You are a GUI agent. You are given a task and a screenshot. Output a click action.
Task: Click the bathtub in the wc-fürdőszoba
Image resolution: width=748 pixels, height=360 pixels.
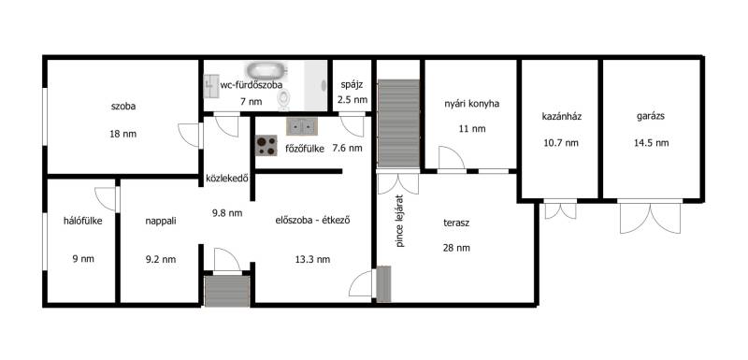coord(266,71)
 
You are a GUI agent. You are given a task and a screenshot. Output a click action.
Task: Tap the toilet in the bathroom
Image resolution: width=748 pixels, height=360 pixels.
coord(284,99)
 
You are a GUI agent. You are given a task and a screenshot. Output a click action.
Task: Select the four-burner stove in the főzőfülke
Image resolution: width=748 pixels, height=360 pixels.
coord(266,146)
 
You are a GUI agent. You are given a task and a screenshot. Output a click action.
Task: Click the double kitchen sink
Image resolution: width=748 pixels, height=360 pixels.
coord(301,126)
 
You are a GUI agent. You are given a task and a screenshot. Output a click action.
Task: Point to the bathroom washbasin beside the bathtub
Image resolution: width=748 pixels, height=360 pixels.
coord(211,86)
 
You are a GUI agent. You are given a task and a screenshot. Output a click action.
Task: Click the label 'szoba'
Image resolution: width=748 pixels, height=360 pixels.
coord(123,107)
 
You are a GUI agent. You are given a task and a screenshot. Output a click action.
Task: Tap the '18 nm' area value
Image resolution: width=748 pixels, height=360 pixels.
coord(123,134)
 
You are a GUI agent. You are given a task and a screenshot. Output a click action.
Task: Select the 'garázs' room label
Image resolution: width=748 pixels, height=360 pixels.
coord(651,116)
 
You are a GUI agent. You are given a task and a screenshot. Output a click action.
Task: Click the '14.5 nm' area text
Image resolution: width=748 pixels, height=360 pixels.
coord(651,142)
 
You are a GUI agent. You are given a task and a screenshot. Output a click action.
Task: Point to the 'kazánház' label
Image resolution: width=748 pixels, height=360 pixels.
coord(562,116)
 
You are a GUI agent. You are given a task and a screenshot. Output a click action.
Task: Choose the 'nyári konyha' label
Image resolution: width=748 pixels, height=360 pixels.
coord(471,103)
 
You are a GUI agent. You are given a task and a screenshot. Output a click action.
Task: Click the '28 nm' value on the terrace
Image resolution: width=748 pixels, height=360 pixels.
coord(456,248)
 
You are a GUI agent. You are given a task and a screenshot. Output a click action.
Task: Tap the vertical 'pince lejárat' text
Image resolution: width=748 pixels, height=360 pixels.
coord(400,221)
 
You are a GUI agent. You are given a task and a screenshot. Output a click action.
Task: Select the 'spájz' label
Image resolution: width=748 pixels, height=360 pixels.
coord(352,85)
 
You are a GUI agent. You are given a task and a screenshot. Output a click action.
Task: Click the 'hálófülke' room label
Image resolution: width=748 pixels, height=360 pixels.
coord(83,221)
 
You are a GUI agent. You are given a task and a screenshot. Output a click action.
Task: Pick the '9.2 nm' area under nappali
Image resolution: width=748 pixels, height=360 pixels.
coord(160,259)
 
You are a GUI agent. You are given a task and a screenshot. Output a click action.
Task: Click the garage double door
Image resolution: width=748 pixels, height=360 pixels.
coord(650,217)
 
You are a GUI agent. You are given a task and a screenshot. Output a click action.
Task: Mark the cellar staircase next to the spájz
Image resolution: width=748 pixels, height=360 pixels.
coord(398,123)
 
